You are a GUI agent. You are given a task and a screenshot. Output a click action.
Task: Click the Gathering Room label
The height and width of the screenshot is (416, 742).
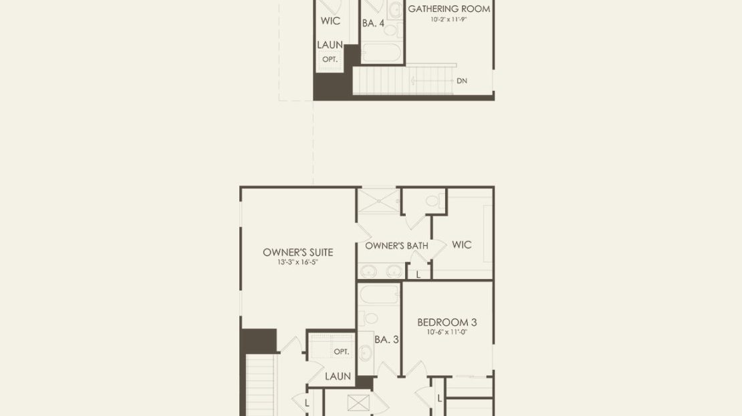449,9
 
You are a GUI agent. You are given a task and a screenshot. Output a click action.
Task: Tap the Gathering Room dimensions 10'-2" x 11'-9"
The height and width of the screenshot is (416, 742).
449,20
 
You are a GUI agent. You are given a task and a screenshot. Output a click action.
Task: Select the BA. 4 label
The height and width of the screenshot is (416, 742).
374,23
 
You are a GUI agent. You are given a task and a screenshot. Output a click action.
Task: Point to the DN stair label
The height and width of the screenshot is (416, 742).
462,81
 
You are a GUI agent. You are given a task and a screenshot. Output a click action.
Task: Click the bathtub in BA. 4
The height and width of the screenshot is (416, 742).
381,53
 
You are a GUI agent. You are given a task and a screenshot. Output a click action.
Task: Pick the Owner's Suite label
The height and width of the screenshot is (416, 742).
298,252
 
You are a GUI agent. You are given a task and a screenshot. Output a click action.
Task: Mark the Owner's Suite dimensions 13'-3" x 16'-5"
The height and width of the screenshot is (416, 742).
297,262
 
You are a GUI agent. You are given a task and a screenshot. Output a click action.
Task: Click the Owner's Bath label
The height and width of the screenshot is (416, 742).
396,246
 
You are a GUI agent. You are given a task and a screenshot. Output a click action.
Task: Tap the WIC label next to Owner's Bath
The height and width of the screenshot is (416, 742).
461,245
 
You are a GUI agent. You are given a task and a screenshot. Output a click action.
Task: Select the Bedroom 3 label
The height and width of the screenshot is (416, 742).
447,323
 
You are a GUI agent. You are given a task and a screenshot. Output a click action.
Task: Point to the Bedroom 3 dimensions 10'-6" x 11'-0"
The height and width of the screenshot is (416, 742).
447,332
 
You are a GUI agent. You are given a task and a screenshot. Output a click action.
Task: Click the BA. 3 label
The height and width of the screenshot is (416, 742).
386,339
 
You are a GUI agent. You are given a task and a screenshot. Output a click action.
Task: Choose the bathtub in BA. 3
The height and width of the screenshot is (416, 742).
379,295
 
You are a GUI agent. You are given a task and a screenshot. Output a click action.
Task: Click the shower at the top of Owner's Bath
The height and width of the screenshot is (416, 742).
378,200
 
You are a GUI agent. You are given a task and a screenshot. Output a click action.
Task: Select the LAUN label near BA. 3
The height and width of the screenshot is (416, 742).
338,377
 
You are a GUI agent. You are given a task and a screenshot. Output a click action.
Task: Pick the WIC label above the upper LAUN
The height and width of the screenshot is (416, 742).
330,21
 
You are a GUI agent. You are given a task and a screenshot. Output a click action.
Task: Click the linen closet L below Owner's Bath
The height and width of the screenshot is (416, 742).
418,274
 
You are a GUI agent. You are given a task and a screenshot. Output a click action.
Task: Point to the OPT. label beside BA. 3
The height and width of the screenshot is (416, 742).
341,352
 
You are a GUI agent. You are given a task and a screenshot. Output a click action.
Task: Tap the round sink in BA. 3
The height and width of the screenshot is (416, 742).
366,353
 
